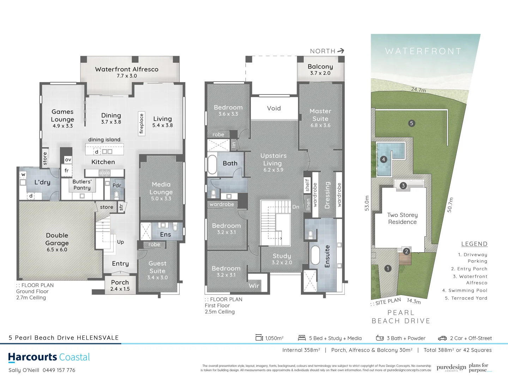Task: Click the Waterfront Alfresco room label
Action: (x=127, y=69)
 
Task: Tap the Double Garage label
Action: (x=57, y=239)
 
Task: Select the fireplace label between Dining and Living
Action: (x=141, y=123)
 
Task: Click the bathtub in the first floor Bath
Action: (x=212, y=164)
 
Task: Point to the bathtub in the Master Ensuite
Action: (x=315, y=255)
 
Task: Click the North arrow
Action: (x=340, y=51)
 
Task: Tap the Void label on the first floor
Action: (x=274, y=108)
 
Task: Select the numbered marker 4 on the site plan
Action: (x=383, y=159)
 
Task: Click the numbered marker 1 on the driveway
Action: (x=388, y=268)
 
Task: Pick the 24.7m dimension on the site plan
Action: (x=418, y=90)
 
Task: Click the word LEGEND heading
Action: (x=474, y=244)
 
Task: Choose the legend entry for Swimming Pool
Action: (x=465, y=290)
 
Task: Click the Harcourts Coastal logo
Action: (x=49, y=357)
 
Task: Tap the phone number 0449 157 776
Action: (x=59, y=370)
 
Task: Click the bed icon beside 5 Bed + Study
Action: (x=302, y=338)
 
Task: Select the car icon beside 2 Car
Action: (x=442, y=338)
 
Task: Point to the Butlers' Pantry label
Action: (x=82, y=185)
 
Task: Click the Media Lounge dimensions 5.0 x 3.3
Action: (x=161, y=199)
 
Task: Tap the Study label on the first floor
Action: (x=282, y=256)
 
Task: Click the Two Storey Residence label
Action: (x=402, y=218)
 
